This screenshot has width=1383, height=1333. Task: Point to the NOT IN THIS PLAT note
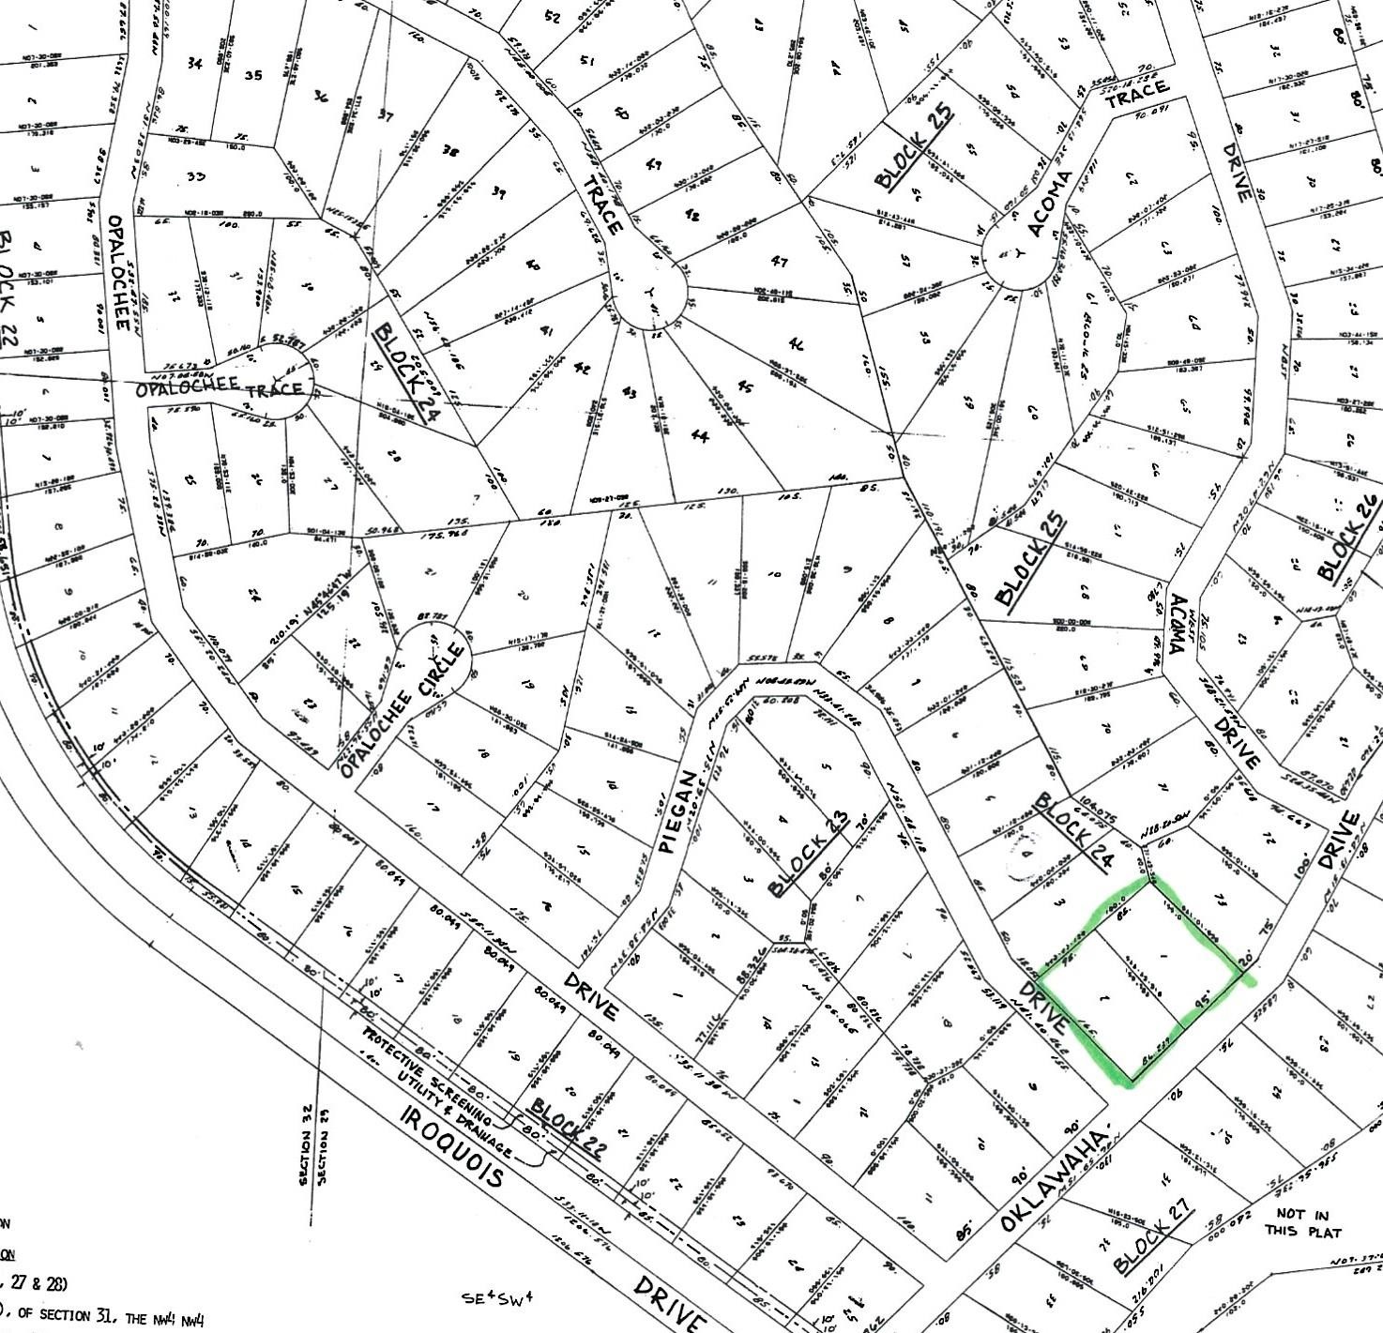[1303, 1222]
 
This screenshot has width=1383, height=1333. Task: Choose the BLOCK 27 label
[1153, 1242]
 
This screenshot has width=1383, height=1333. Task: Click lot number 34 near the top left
[194, 64]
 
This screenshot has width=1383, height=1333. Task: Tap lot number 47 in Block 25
[778, 262]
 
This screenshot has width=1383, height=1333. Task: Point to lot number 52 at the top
[552, 18]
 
